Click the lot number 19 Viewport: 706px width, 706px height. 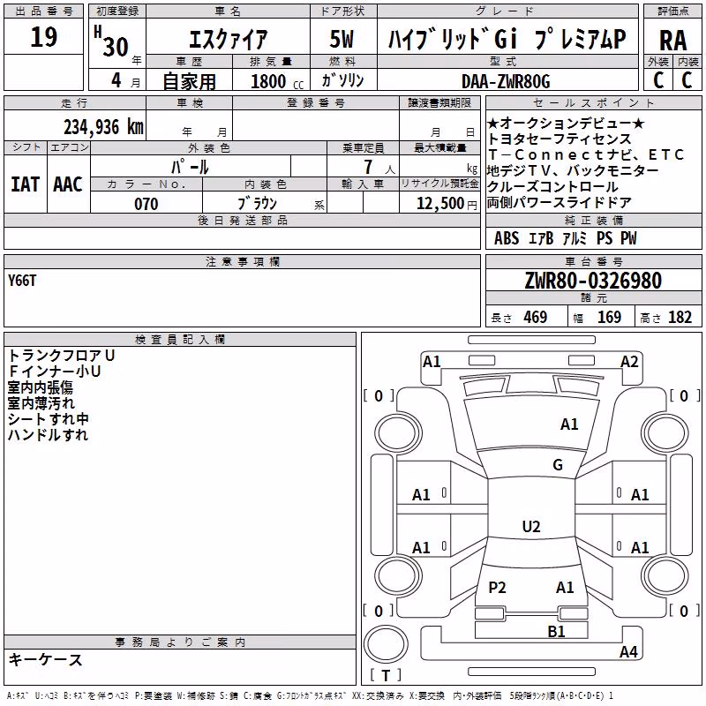(43, 36)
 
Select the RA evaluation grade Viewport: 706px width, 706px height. (672, 41)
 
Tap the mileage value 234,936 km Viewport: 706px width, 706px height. (103, 127)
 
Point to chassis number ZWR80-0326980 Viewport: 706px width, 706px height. (593, 280)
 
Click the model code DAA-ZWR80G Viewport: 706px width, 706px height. (506, 81)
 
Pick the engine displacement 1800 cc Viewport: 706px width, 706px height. (277, 81)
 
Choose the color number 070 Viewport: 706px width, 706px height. (146, 204)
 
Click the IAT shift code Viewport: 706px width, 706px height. (25, 184)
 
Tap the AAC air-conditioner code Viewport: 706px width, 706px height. (68, 184)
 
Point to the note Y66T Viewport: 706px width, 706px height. (21, 281)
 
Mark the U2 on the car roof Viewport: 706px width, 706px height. (531, 526)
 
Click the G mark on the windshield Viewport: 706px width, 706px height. (558, 464)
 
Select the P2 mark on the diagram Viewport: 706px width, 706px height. (497, 587)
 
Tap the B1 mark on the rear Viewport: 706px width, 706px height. (556, 631)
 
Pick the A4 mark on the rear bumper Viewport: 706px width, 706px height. (628, 651)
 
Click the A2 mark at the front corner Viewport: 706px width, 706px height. (629, 362)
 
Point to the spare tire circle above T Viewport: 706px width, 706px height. (386, 645)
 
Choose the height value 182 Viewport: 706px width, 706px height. (680, 317)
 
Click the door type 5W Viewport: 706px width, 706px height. (342, 39)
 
